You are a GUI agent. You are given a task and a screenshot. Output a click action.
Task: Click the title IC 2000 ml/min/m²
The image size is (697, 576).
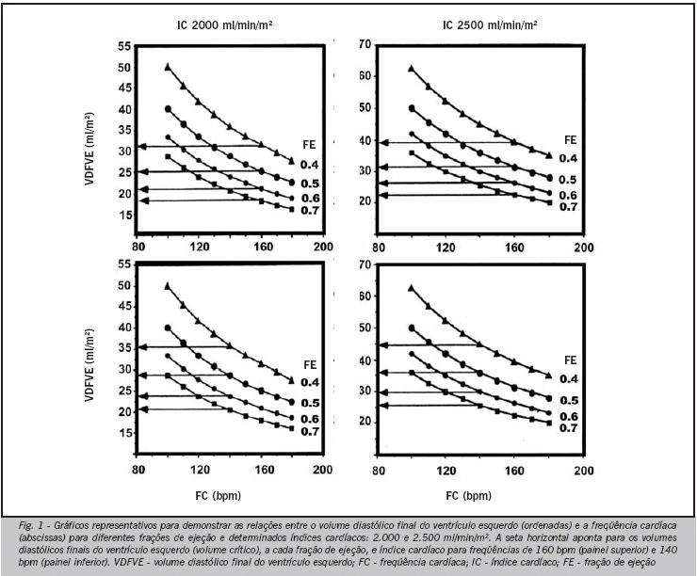[x=224, y=24]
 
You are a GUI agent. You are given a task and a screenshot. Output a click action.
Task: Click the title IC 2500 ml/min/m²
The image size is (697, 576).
[x=490, y=24]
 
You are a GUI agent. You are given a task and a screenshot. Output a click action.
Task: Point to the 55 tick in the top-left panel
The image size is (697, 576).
[x=125, y=46]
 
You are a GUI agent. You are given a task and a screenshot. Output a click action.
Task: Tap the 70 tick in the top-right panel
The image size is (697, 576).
[x=365, y=44]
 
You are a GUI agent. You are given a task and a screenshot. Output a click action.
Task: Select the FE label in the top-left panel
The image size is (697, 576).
[x=309, y=145]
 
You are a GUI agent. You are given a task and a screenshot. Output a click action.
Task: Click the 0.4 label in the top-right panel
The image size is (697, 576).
[x=568, y=158]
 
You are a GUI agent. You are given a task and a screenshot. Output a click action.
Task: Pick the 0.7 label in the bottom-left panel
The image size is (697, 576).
[x=310, y=432]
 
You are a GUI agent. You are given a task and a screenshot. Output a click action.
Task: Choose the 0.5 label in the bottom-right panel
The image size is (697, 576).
[x=569, y=401]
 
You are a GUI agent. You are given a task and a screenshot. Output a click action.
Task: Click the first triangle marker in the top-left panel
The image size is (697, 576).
[x=168, y=67]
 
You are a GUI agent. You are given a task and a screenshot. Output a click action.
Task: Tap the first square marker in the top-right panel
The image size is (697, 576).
[x=412, y=152]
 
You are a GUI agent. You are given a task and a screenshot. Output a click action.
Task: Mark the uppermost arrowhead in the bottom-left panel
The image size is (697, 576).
[x=142, y=347]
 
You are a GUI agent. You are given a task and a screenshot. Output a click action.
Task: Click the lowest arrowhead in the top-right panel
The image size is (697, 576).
[x=384, y=195]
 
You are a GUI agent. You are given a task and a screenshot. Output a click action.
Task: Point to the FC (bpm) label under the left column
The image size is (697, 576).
[x=219, y=496]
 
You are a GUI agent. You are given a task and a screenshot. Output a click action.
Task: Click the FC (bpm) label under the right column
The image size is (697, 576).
[x=469, y=496]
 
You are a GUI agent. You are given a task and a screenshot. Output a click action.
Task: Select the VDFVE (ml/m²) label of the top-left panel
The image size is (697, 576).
[x=89, y=149]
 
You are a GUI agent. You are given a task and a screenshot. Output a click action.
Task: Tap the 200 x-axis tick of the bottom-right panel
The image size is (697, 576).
[x=584, y=471]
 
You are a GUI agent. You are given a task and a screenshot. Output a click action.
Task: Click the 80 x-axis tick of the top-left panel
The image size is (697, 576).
[x=138, y=246]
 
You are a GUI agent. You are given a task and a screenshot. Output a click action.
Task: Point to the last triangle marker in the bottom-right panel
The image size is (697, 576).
[x=549, y=376]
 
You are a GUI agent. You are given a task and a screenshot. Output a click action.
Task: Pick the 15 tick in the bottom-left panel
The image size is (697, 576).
[x=125, y=433]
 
